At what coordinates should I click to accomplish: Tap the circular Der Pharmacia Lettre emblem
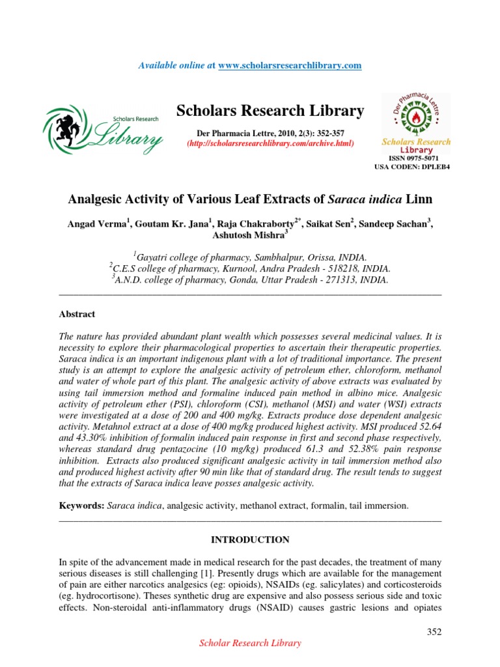point(416,114)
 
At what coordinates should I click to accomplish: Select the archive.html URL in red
point(270,143)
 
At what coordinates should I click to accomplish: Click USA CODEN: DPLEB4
point(411,167)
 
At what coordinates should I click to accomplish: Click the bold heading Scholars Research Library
point(270,111)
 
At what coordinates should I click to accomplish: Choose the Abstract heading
point(77,314)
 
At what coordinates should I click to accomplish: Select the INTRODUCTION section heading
point(250,540)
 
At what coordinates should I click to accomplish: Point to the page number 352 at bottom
point(434,631)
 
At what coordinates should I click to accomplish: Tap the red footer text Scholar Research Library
point(250,644)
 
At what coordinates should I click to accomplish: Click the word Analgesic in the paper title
point(102,198)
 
